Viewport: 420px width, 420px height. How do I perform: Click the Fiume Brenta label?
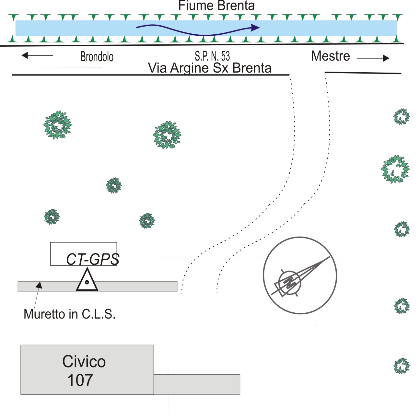tap(216, 6)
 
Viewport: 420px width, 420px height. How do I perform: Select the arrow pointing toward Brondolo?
tap(37, 55)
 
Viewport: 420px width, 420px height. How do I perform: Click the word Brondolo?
tap(97, 57)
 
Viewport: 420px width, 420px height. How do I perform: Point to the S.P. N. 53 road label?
tap(212, 56)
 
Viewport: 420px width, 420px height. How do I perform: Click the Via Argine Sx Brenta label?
tap(210, 68)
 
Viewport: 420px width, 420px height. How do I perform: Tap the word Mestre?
tap(330, 56)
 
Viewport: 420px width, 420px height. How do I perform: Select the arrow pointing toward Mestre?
tap(373, 58)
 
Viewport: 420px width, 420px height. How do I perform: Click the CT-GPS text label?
tap(93, 259)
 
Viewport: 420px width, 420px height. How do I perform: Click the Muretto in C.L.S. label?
tap(69, 314)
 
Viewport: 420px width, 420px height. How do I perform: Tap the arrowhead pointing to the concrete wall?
tap(39, 285)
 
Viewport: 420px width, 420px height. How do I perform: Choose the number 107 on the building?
tap(80, 380)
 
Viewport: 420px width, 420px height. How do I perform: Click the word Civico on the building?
tap(84, 361)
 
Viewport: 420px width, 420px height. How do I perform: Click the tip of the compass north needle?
tap(330, 257)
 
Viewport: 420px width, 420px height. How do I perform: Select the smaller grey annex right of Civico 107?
tap(197, 384)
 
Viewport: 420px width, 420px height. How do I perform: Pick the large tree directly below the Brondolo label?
tap(58, 125)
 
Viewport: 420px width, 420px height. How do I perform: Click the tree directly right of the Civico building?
tap(402, 366)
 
